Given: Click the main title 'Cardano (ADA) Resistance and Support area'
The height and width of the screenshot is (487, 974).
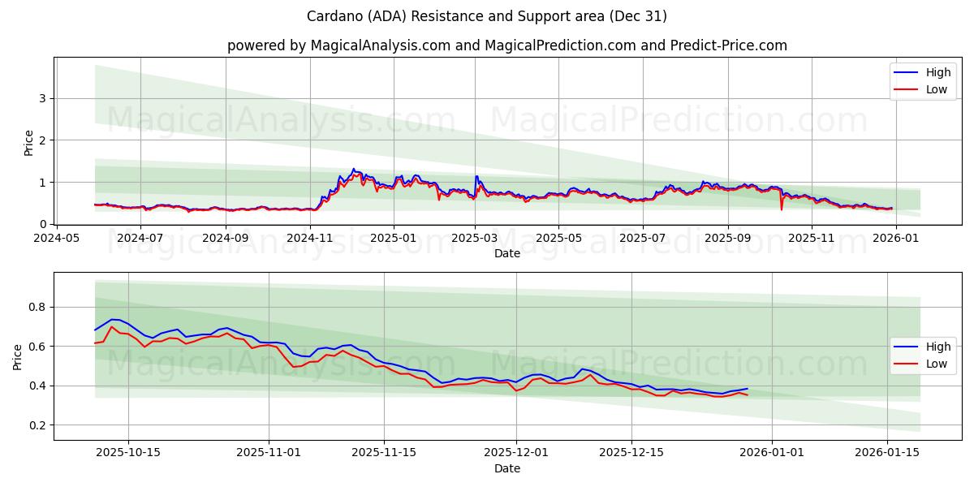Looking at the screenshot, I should pos(487,16).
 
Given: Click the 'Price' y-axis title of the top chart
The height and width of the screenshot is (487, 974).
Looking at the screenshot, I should pos(29,142).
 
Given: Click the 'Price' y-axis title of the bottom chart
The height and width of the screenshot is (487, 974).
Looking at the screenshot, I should pos(18,356).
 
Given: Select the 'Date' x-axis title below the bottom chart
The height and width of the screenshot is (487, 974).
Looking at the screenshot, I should pos(506,468).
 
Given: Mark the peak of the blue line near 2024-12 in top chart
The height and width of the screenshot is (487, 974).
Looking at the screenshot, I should pos(353,169).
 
